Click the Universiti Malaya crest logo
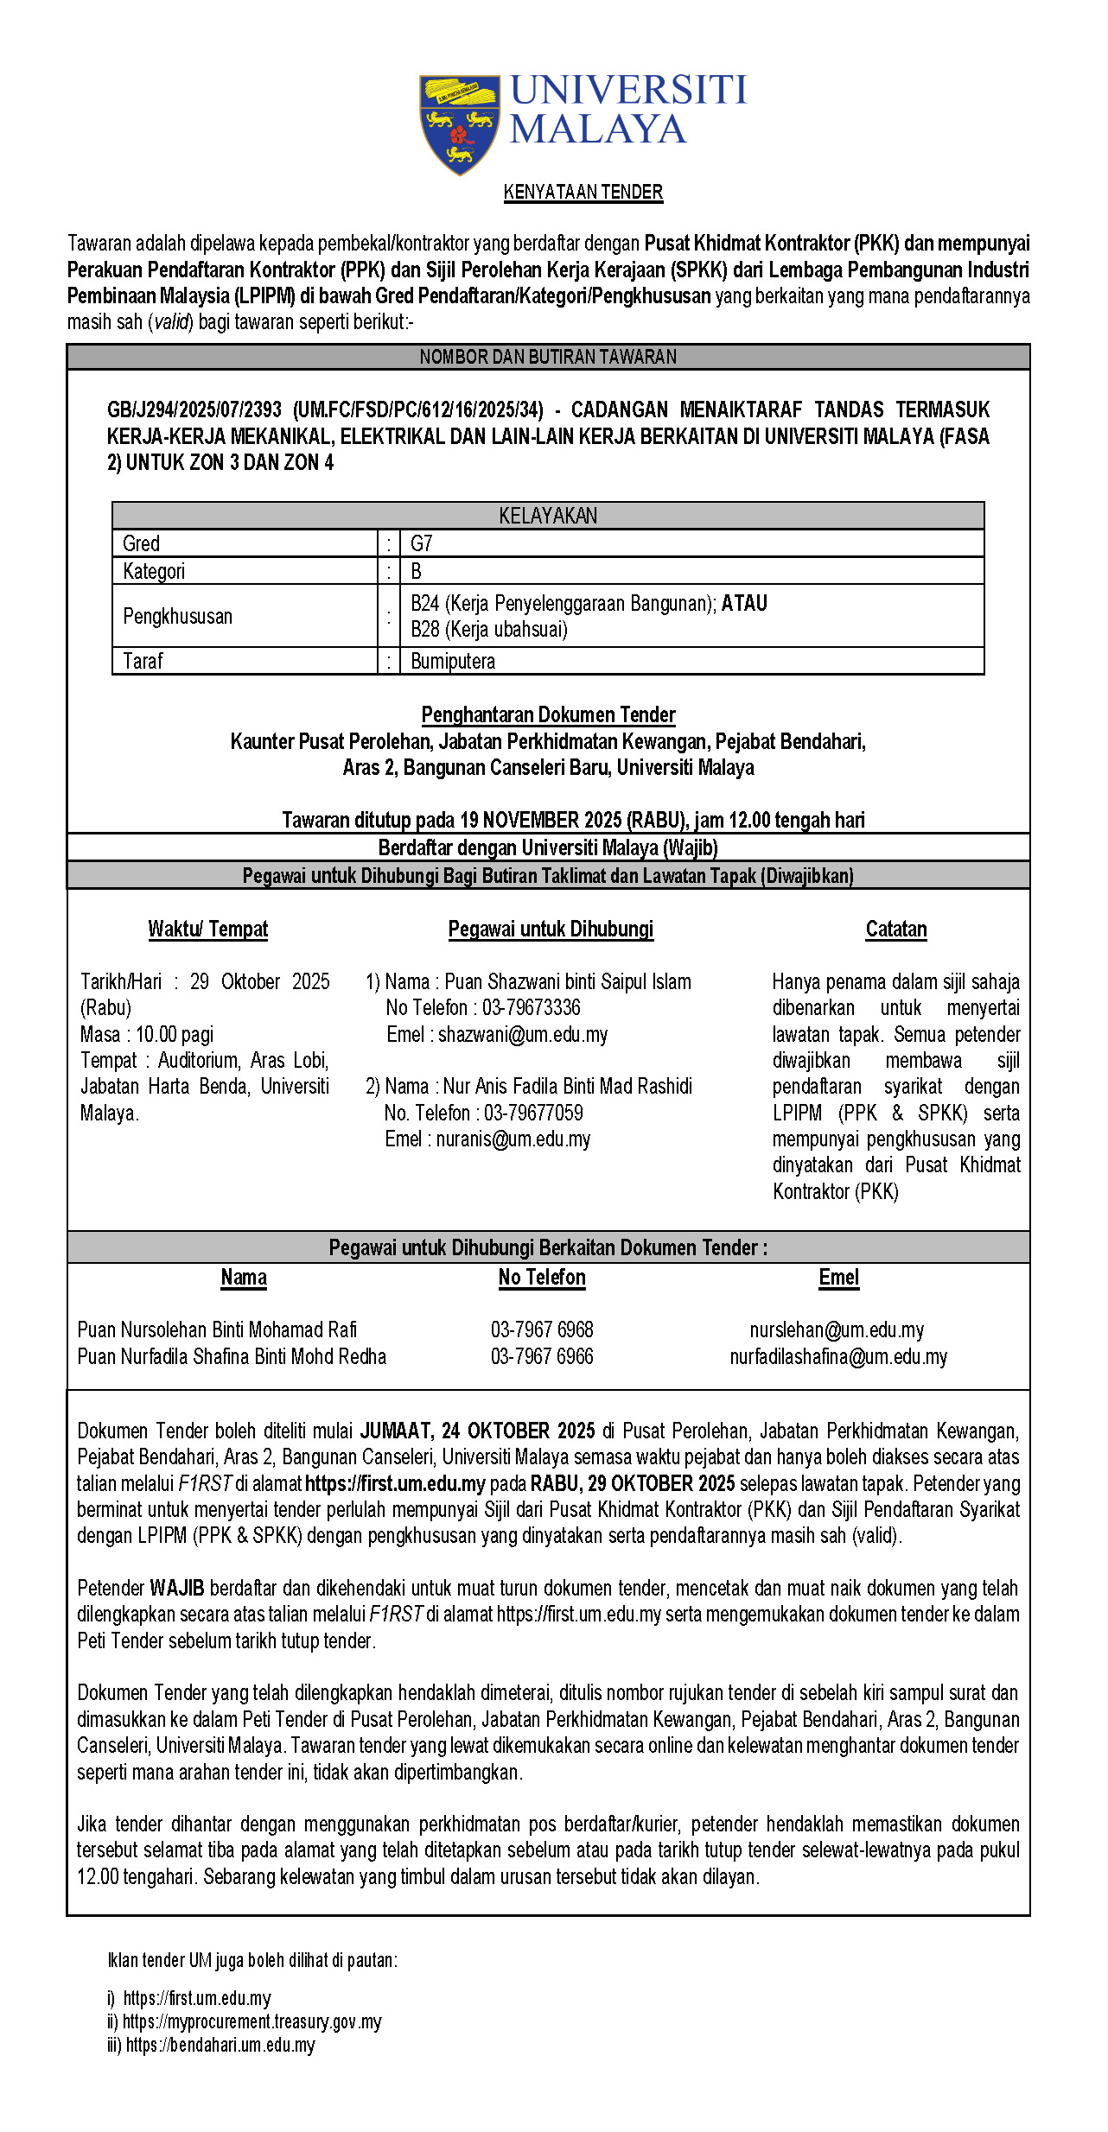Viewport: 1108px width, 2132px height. (x=459, y=124)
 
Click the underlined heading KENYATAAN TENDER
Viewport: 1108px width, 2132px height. (x=583, y=193)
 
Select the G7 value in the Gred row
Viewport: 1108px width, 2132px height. (x=421, y=543)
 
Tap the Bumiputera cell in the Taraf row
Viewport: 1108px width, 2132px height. (x=453, y=661)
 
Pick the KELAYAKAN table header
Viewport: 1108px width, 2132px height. (x=548, y=516)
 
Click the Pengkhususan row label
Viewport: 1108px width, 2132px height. (x=177, y=616)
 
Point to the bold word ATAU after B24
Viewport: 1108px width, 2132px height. (x=744, y=603)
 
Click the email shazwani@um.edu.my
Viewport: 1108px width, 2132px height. (x=523, y=1034)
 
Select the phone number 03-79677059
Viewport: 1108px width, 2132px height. (x=533, y=1113)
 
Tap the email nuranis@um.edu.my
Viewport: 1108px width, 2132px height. (x=513, y=1139)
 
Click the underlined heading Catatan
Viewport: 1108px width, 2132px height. (x=896, y=930)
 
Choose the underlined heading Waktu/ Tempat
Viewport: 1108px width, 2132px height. (x=208, y=930)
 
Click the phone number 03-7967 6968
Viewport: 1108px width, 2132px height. (x=542, y=1329)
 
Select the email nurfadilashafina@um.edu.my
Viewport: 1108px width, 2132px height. (x=838, y=1356)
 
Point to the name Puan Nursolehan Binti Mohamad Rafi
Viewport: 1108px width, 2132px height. (x=217, y=1329)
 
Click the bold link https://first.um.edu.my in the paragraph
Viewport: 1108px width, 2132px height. (x=395, y=1483)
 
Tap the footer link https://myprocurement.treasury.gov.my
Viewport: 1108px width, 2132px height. (x=252, y=2021)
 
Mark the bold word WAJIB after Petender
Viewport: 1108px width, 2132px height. (x=177, y=1588)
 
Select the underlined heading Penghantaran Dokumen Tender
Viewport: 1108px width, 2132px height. (x=548, y=714)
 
